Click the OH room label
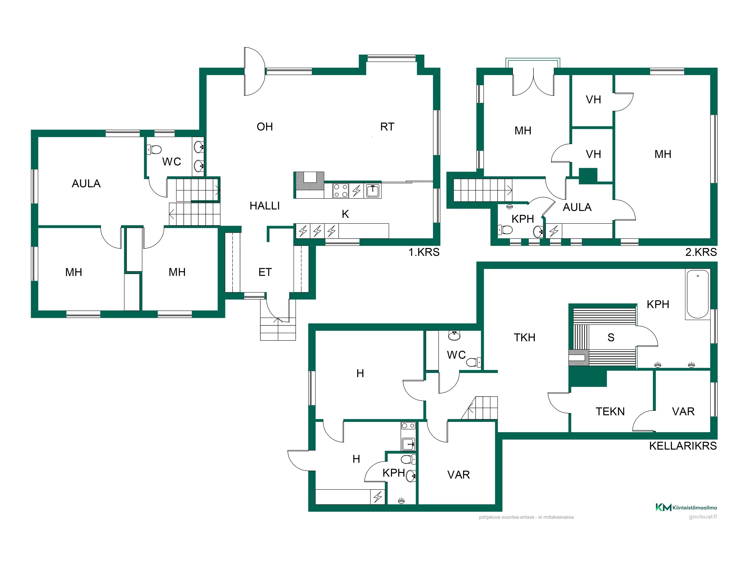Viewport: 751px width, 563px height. tap(265, 127)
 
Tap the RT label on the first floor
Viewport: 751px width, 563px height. tap(387, 127)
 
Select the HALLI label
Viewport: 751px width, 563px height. tap(265, 206)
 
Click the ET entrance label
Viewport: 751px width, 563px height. tap(265, 272)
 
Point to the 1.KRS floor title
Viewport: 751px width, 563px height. tap(424, 252)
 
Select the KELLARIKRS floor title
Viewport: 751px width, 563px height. tap(683, 446)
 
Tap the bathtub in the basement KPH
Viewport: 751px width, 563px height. tap(698, 295)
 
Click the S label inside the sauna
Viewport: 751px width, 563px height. tap(611, 338)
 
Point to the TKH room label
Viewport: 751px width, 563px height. tap(524, 338)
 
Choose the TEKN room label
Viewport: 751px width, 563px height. tap(610, 412)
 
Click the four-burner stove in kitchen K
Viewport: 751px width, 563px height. tap(340, 190)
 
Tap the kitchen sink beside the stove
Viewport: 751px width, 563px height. tap(372, 190)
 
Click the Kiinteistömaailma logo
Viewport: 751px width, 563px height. tap(686, 508)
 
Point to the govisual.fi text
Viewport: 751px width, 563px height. tap(703, 517)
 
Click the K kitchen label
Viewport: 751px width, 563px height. tap(345, 214)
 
